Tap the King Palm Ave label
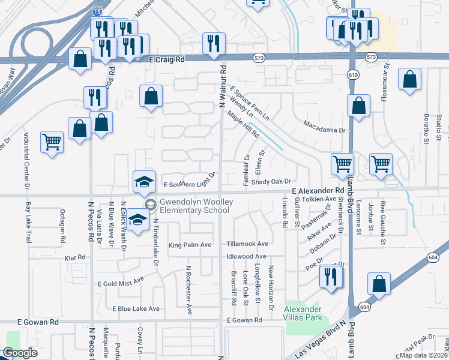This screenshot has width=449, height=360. pyautogui.click(x=190, y=245)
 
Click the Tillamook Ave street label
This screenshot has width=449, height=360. pyautogui.click(x=247, y=244)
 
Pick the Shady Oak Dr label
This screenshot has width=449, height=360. pyautogui.click(x=271, y=181)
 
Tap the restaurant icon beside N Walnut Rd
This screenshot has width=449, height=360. pyautogui.click(x=213, y=43)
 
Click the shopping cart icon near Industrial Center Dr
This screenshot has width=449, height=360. pyautogui.click(x=52, y=142)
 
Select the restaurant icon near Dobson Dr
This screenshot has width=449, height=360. pyautogui.click(x=331, y=276)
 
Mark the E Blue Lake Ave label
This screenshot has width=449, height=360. pyautogui.click(x=136, y=309)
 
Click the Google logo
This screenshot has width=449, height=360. pyautogui.click(x=20, y=353)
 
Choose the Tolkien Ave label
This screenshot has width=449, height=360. pyautogui.click(x=319, y=199)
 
